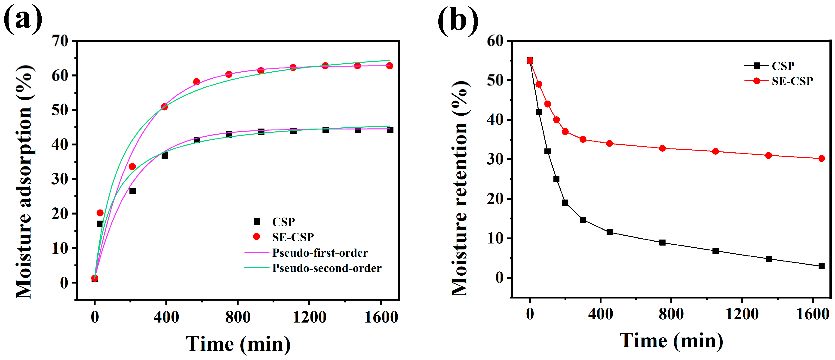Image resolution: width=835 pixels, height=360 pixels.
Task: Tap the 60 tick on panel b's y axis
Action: click(x=495, y=41)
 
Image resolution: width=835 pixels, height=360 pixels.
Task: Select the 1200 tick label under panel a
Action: click(x=309, y=317)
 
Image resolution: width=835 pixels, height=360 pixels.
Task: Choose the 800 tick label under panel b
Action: click(x=671, y=314)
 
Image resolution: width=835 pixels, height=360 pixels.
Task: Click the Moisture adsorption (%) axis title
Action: click(x=24, y=182)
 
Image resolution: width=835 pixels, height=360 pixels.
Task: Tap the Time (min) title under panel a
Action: click(x=238, y=344)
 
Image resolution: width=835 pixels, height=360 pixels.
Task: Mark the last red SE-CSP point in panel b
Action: click(x=821, y=159)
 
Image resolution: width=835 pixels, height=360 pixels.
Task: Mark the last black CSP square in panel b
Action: click(x=821, y=266)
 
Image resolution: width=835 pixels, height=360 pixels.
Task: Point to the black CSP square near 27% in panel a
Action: click(x=132, y=191)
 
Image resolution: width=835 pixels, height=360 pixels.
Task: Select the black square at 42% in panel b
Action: click(x=539, y=112)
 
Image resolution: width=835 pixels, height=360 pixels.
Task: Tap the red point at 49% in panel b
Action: click(x=539, y=84)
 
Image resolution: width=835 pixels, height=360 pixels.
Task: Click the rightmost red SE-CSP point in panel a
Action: click(x=390, y=66)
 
